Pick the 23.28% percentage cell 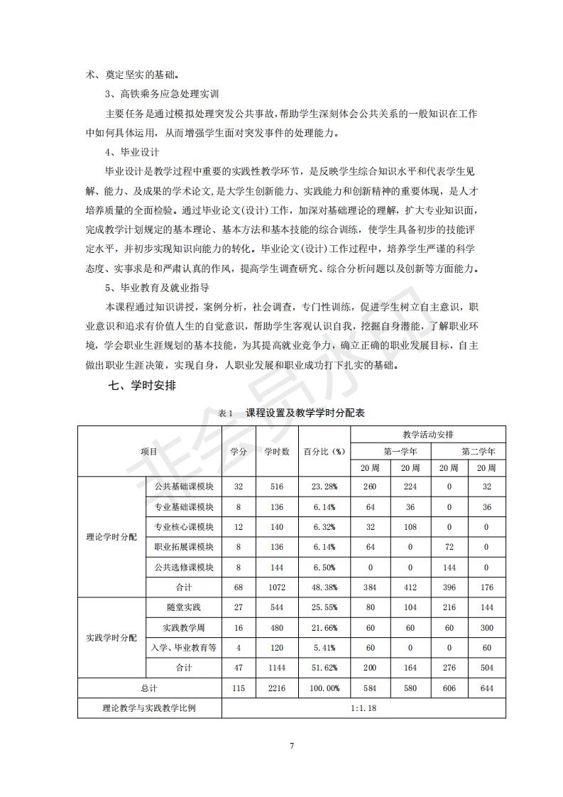[324, 487]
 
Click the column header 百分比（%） [324, 451]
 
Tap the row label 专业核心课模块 [184, 527]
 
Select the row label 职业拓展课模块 [184, 547]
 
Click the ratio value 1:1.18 [364, 708]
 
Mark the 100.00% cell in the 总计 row [324, 688]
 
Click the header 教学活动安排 [428, 434]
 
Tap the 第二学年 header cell [478, 451]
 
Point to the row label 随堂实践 [184, 608]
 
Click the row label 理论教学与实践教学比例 [149, 708]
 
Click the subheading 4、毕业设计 [132, 152]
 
